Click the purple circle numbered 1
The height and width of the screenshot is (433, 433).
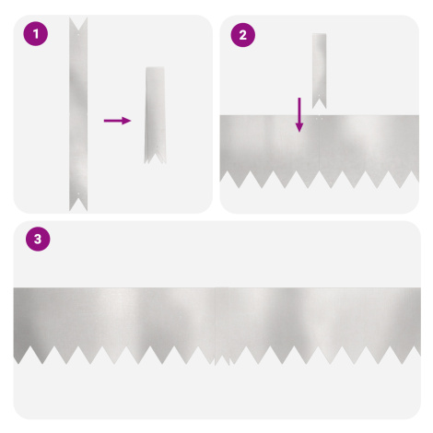pos(36,34)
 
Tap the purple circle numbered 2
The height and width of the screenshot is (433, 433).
pos(243,35)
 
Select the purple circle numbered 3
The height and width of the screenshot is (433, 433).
pos(38,239)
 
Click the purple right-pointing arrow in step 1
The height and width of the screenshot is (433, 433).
pos(118,121)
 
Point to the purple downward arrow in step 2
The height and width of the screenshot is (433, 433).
pos(299,115)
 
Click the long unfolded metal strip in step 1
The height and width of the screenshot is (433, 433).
pos(78,114)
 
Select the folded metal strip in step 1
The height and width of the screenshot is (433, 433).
pos(155,115)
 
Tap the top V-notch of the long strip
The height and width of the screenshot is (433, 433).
pos(78,25)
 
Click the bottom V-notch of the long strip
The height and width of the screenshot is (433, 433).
pos(78,204)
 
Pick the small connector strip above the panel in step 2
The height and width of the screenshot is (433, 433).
pos(320,71)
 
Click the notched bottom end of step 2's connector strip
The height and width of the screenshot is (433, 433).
pos(320,103)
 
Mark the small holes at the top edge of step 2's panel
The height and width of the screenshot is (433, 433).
pos(320,117)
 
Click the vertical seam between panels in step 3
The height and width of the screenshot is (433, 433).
pos(216,322)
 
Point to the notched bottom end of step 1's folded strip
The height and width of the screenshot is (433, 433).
pos(156,157)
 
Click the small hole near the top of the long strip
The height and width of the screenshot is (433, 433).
pos(78,34)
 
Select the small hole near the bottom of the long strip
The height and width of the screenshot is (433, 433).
pos(78,194)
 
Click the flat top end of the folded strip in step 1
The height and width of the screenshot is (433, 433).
pos(155,67)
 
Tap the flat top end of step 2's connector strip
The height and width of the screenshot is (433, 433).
pos(320,34)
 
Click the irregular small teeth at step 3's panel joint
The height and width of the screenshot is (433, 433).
pos(223,360)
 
